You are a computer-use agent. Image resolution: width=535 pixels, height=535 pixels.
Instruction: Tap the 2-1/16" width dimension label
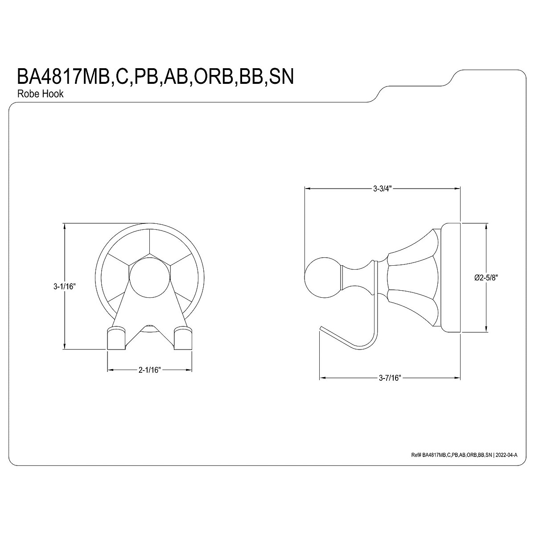coord(149,370)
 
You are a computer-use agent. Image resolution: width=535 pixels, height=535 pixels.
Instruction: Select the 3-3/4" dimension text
coord(382,188)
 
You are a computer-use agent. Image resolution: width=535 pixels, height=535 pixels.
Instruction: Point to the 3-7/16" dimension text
coord(390,378)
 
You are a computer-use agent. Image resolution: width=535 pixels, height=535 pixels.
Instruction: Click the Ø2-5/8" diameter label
coord(486,277)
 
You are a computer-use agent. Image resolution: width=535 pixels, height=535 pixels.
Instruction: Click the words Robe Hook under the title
coord(40,94)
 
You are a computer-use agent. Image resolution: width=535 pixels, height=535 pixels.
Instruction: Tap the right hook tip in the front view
coord(183,337)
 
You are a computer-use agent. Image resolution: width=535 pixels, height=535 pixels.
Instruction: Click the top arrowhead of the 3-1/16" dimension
coord(65,226)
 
